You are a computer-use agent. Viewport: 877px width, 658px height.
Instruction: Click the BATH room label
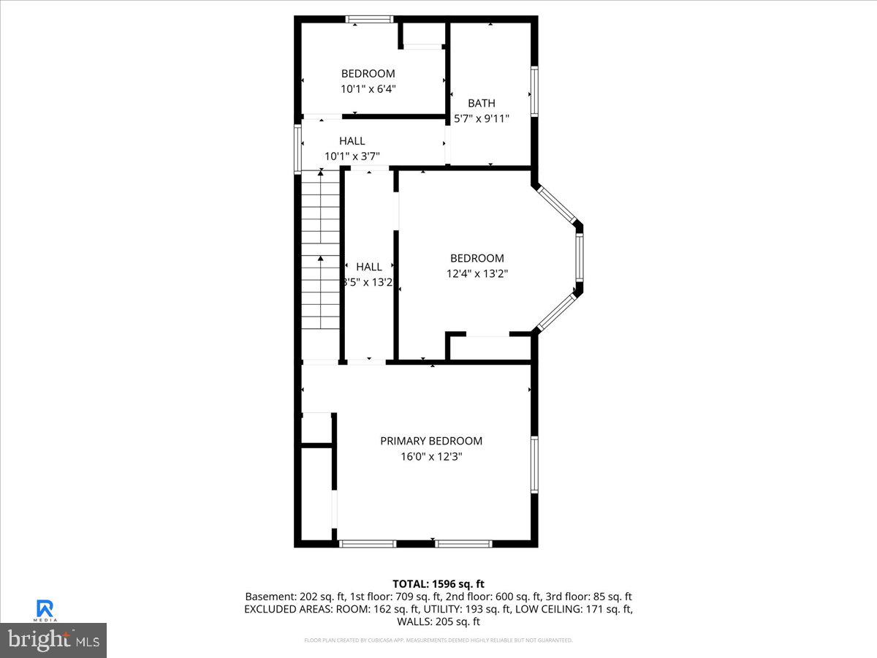tap(482, 103)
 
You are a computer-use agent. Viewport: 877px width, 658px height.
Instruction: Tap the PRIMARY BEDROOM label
tap(431, 441)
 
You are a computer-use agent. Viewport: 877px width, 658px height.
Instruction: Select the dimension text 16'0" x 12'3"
tap(431, 456)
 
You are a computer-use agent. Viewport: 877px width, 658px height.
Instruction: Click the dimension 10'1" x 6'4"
tap(368, 88)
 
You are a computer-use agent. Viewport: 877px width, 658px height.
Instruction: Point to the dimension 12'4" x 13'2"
tap(477, 273)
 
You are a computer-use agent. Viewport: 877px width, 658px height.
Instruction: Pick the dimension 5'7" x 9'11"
tap(482, 118)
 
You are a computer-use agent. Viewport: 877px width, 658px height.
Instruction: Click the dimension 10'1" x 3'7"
tap(352, 156)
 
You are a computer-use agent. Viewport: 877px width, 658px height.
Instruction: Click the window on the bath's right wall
tap(534, 91)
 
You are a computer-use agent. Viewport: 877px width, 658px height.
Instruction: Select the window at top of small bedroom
tap(370, 20)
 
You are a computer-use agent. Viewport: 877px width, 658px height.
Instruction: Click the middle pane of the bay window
tap(579, 259)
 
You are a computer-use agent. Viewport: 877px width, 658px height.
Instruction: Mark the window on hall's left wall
tap(298, 148)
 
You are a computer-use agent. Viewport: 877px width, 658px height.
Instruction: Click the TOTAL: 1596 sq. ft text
tap(438, 583)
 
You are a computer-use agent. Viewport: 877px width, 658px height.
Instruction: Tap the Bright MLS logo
tap(53, 640)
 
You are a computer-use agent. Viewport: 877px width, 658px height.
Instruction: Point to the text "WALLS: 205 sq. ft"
tap(438, 621)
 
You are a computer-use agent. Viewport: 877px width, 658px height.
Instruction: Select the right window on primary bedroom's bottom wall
tap(464, 543)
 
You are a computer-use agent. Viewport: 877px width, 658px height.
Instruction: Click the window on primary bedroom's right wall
tap(534, 465)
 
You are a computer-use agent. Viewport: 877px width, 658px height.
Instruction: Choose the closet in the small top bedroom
tap(423, 35)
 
